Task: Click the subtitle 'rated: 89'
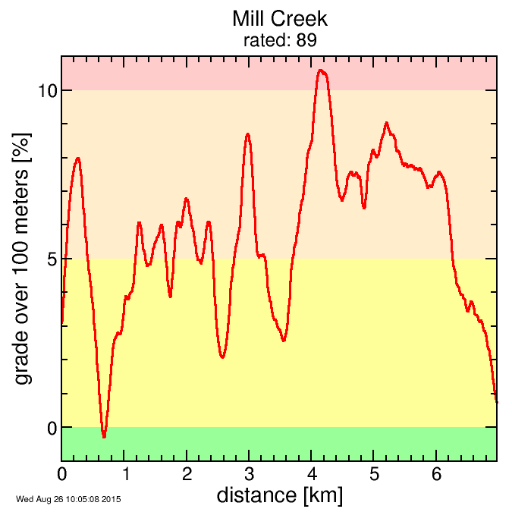click(279, 40)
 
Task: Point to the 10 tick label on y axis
click(47, 90)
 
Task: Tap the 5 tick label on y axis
click(52, 259)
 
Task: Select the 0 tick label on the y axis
click(52, 428)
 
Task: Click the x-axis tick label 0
click(62, 475)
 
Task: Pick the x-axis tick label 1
click(124, 475)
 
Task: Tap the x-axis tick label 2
click(187, 475)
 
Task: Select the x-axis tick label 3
click(249, 475)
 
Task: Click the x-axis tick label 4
click(312, 475)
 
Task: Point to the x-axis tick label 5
click(374, 475)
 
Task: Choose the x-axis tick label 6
click(436, 475)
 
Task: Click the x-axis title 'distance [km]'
click(279, 496)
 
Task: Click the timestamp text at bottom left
click(68, 499)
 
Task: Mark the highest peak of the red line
click(322, 71)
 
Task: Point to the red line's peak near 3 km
click(248, 133)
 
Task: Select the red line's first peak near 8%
click(77, 158)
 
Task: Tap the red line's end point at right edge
click(496, 401)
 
